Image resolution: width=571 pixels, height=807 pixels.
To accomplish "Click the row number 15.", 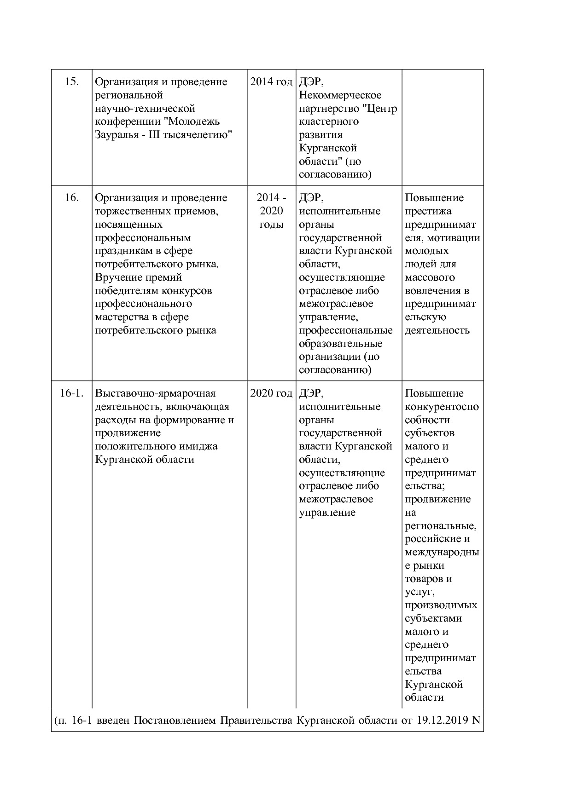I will click(x=72, y=82).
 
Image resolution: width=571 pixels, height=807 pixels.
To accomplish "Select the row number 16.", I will click(x=72, y=198).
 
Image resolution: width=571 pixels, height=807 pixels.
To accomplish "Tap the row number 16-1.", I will click(x=72, y=393).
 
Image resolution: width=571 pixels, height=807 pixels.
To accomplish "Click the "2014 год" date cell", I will click(x=271, y=82).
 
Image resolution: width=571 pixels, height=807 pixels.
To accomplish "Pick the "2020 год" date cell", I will click(x=271, y=393).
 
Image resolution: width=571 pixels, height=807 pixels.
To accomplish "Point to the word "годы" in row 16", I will click(x=271, y=225).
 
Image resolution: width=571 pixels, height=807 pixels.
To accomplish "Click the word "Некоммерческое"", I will click(x=340, y=95).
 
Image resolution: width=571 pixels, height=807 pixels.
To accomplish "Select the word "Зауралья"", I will click(x=117, y=135).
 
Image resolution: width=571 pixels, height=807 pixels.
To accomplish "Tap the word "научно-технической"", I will click(x=145, y=109).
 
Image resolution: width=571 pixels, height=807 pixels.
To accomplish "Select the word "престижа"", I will click(x=428, y=211).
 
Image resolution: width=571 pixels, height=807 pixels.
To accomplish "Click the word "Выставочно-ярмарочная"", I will click(x=155, y=393).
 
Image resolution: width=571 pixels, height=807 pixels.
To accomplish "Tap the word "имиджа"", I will click(x=201, y=446).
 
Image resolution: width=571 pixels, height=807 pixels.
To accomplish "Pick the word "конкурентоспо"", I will click(x=442, y=407).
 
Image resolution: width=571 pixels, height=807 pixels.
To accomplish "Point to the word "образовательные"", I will click(x=340, y=344).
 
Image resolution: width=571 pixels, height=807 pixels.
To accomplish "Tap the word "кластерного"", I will click(x=328, y=122).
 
